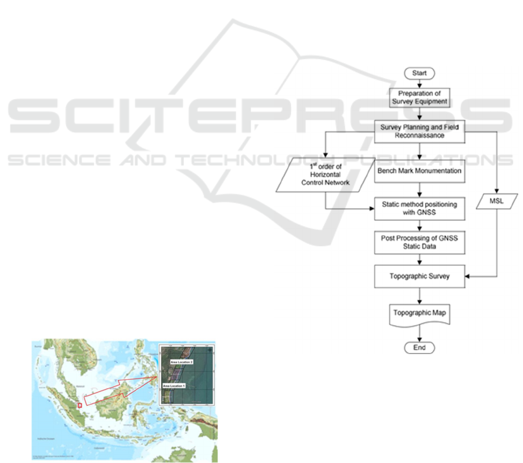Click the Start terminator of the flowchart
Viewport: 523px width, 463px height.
tap(420, 73)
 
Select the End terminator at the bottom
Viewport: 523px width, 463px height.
tap(420, 348)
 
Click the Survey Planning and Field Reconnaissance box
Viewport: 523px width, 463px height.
tap(420, 131)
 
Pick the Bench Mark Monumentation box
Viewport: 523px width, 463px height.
tap(420, 172)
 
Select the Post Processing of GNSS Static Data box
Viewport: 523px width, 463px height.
tap(420, 243)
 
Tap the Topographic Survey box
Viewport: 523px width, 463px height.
tap(420, 276)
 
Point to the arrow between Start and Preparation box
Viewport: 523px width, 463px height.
tap(420, 83)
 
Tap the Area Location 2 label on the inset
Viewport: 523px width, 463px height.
tap(181, 362)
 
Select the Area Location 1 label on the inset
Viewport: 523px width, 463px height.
tap(174, 385)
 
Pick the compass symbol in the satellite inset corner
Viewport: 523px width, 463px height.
tap(210, 350)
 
